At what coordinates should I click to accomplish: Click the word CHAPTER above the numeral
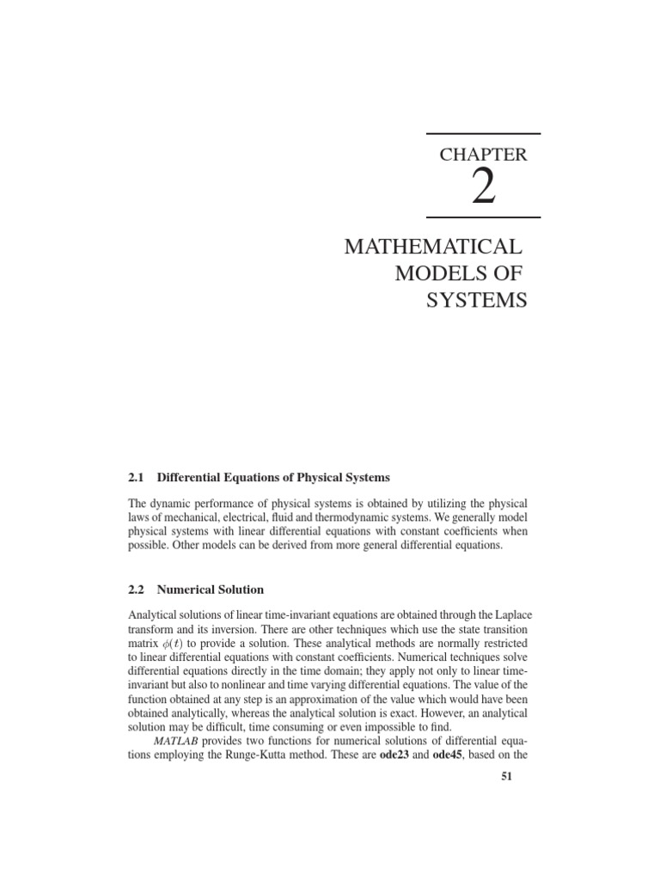pyautogui.click(x=483, y=156)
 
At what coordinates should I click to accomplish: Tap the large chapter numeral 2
pyautogui.click(x=483, y=186)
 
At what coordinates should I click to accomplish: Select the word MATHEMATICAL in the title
pyautogui.click(x=432, y=247)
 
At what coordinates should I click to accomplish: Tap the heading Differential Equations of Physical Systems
pyautogui.click(x=273, y=477)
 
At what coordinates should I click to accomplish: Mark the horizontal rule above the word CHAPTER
pyautogui.click(x=483, y=134)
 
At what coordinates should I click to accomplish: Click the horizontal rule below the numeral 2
pyautogui.click(x=483, y=215)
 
